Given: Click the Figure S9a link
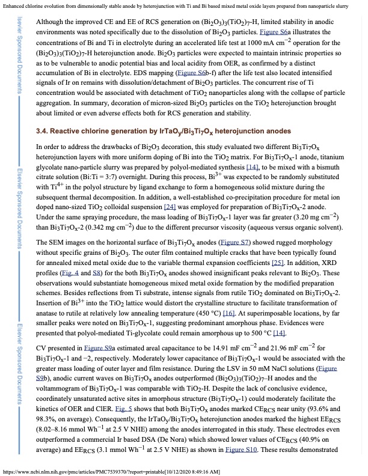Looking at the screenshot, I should pos(108,350).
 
